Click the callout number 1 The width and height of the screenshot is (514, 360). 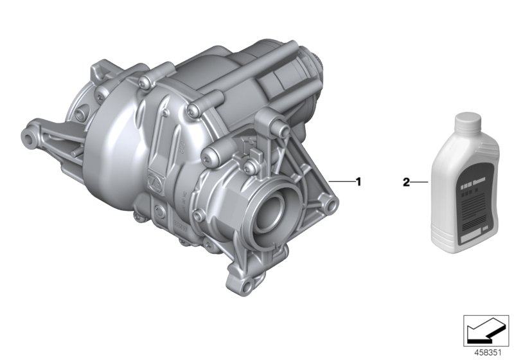[359, 182]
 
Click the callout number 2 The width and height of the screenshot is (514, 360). [405, 182]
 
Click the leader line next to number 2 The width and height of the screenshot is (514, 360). [418, 182]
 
